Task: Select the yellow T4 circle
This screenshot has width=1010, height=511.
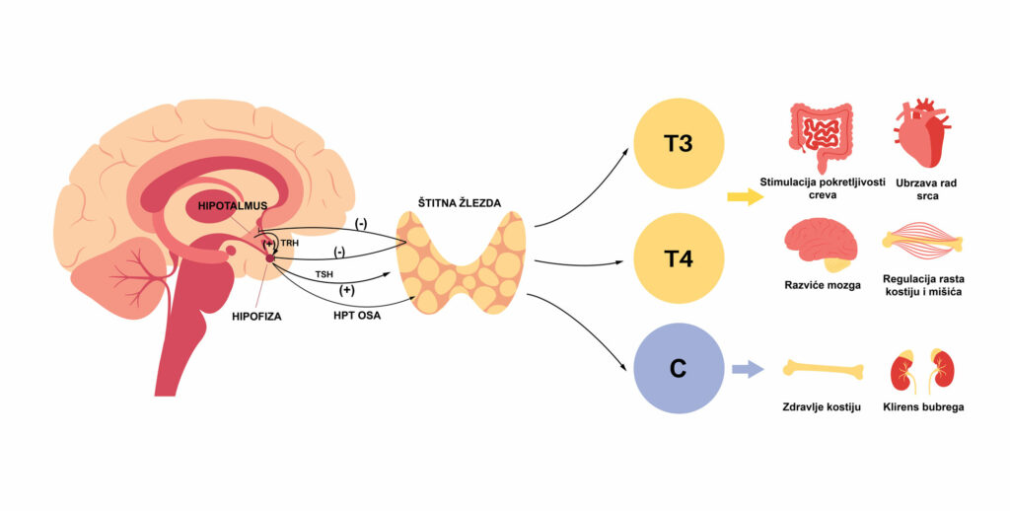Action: point(679,259)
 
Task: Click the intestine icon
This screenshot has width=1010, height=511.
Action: point(818,137)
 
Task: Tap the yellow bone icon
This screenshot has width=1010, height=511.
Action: point(823,369)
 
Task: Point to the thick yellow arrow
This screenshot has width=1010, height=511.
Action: point(746,197)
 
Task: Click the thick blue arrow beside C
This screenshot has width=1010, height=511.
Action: point(748,370)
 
